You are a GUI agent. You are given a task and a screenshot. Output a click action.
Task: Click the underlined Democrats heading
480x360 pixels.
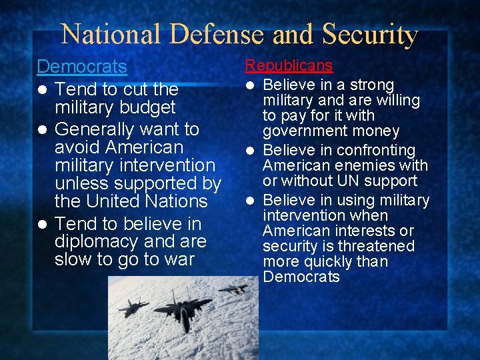coord(81,67)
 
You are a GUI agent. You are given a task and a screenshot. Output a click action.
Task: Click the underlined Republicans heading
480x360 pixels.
coord(289,65)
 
